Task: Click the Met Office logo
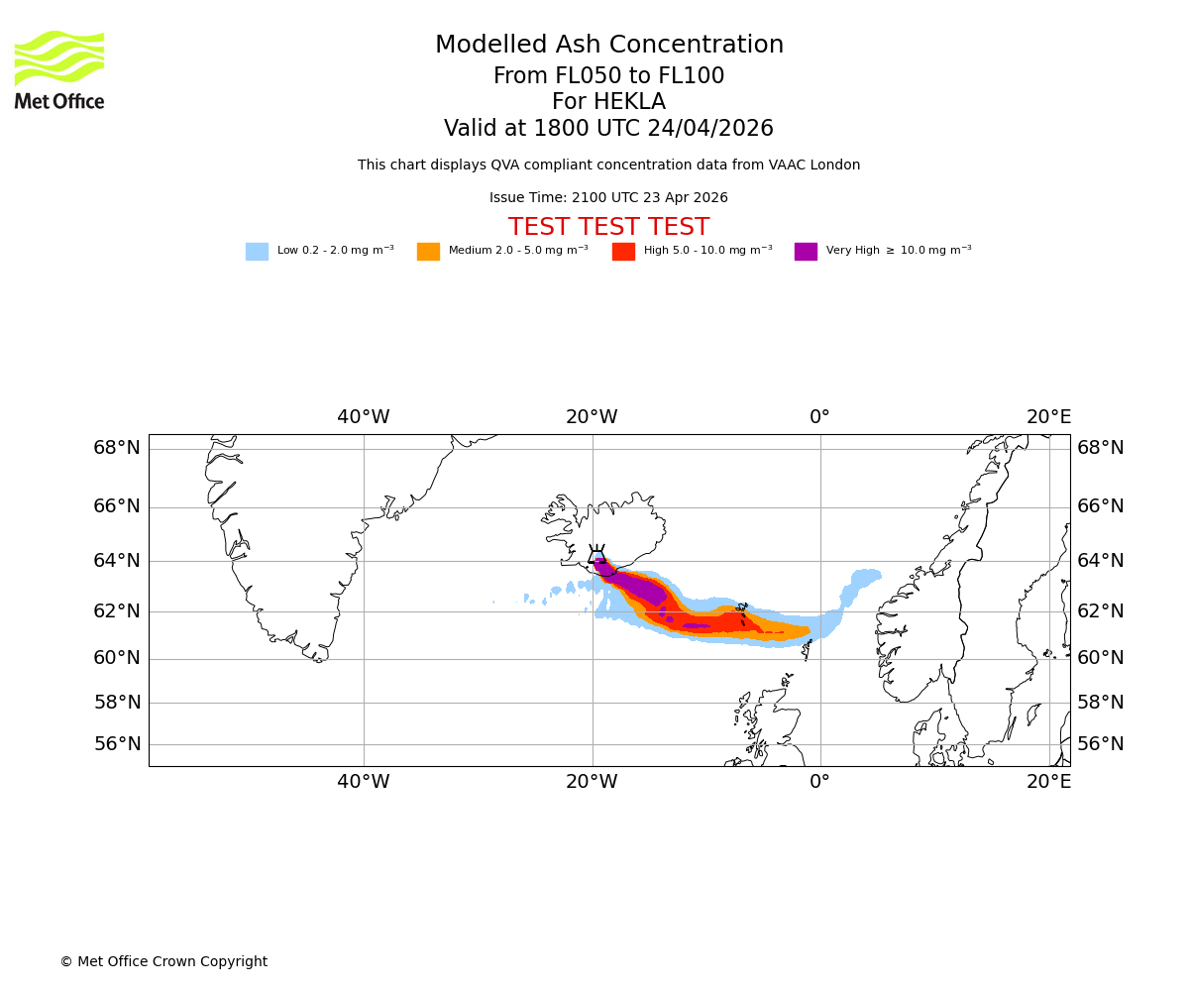coord(59,69)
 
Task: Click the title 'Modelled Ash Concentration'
coord(609,46)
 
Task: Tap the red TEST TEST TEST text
coord(608,228)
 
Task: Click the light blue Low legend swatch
coord(257,252)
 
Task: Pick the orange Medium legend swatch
coord(428,252)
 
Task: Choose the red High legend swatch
coord(623,252)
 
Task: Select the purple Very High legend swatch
coord(806,252)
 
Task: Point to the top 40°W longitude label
coord(363,417)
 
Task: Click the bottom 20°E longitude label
coord(1048,782)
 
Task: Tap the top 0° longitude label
coord(819,417)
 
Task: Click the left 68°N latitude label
coord(117,448)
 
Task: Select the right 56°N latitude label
coord(1100,744)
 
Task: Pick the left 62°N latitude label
coord(117,611)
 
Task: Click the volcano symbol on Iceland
coord(597,556)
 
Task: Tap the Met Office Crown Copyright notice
coord(163,962)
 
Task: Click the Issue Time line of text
coord(608,198)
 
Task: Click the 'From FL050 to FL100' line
coord(608,76)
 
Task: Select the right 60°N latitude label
coord(1100,658)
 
